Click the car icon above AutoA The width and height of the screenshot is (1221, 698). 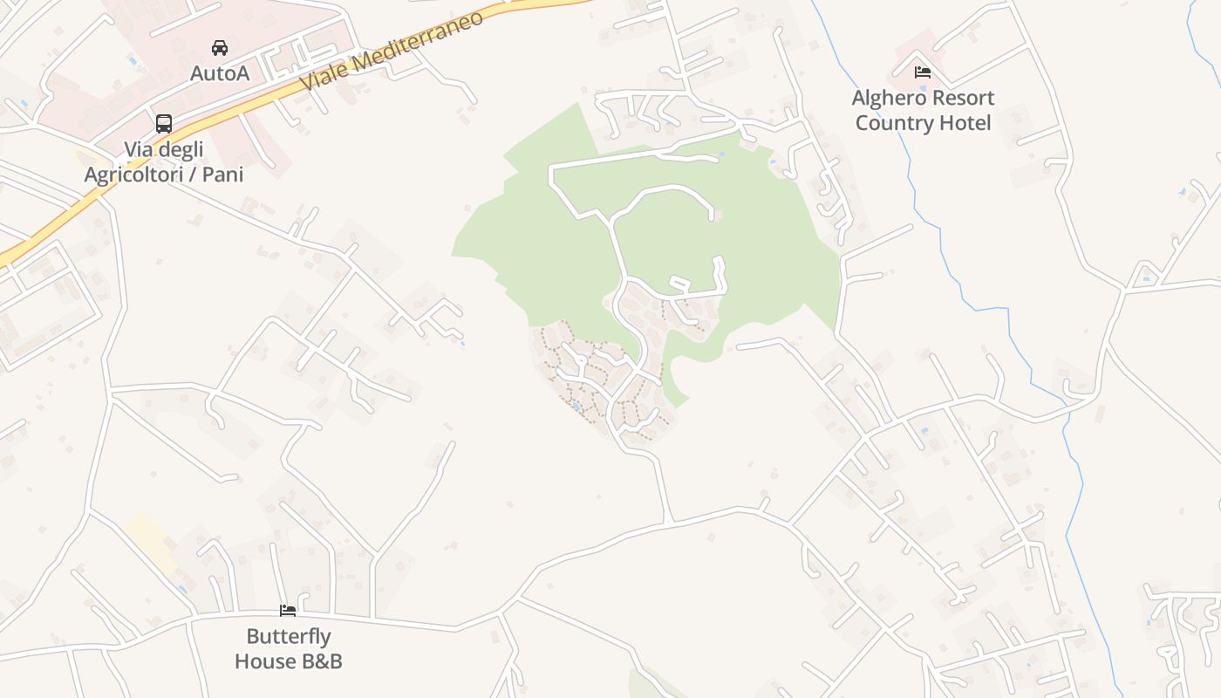coord(220,47)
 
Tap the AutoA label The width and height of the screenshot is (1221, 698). coord(220,73)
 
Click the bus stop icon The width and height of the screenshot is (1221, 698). coord(164,123)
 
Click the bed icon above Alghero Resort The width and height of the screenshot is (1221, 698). coord(923,72)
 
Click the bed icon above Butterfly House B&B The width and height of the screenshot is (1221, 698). coord(288,611)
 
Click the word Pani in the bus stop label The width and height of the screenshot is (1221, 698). coord(222,174)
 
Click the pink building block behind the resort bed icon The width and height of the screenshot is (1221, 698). coord(911,52)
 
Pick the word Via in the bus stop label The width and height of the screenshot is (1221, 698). coord(140,149)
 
